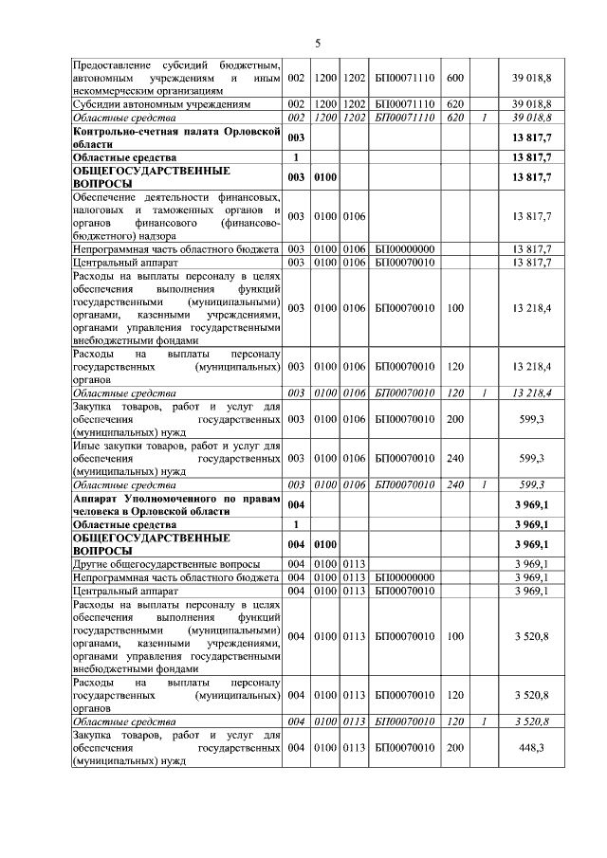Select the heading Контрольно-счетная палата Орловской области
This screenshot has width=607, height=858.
click(x=177, y=137)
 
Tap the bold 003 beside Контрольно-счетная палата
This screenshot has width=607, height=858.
click(x=297, y=137)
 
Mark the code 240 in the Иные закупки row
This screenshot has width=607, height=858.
click(x=454, y=459)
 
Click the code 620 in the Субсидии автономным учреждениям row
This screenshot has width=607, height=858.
click(x=454, y=103)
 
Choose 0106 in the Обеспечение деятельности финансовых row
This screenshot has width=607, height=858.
click(x=355, y=216)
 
